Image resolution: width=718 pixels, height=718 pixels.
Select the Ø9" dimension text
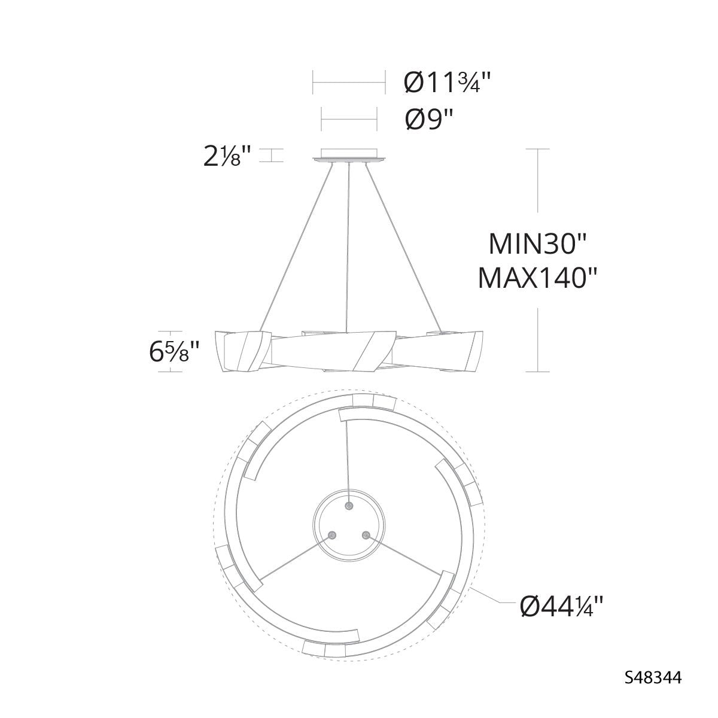pyautogui.click(x=429, y=119)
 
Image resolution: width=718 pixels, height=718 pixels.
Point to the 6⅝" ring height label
pyautogui.click(x=174, y=352)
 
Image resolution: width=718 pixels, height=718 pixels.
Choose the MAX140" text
pyautogui.click(x=538, y=278)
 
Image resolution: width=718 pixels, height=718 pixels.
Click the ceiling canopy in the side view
pyautogui.click(x=349, y=156)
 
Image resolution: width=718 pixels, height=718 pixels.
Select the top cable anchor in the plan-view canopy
pyautogui.click(x=349, y=506)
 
